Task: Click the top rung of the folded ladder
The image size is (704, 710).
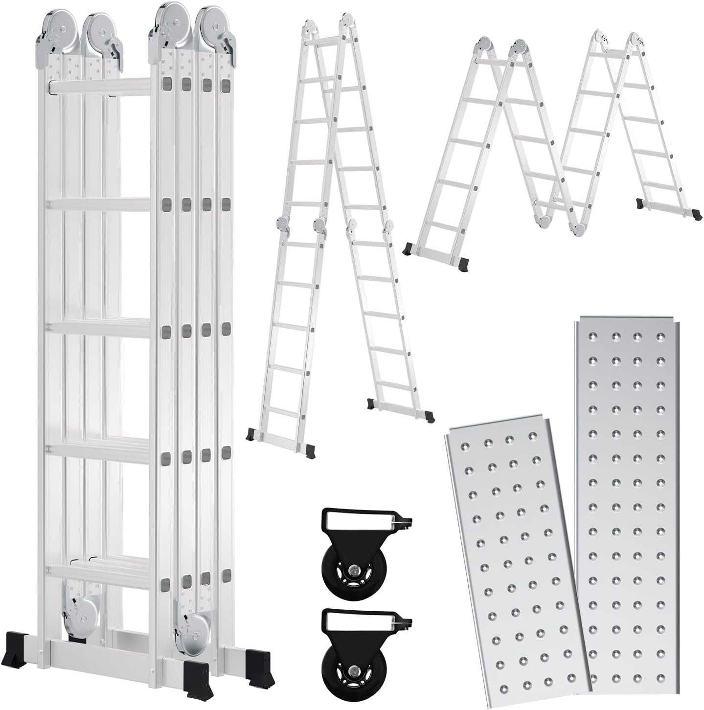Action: coord(100,86)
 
